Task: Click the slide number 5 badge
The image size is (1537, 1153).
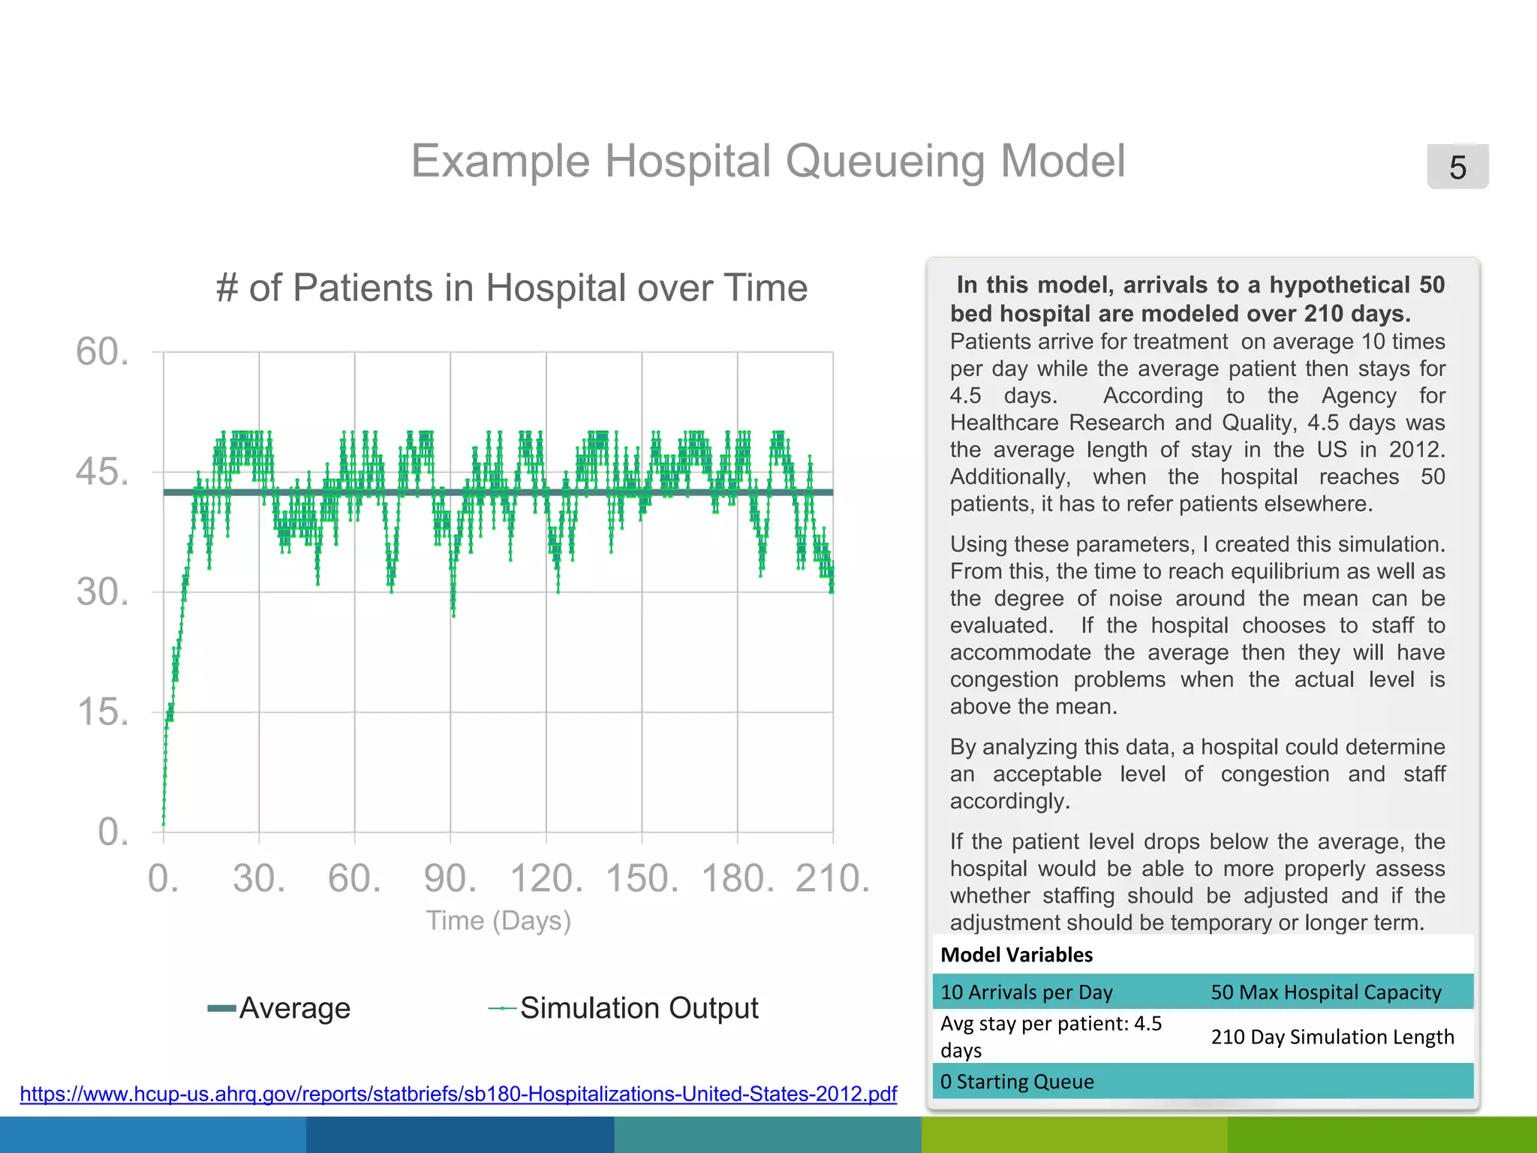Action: [x=1457, y=167]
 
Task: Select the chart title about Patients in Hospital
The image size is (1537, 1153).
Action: [x=511, y=288]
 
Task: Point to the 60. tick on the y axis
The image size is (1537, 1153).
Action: [x=103, y=352]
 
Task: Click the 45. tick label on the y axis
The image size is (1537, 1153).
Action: [x=103, y=472]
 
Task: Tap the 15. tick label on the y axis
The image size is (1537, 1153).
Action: [x=103, y=712]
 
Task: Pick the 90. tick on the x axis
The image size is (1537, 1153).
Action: [x=450, y=878]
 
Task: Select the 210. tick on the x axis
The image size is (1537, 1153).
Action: [x=832, y=878]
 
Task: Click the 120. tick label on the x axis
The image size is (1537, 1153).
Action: [x=546, y=878]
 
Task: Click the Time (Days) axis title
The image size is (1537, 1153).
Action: [x=498, y=920]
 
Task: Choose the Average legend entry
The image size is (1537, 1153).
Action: [x=279, y=1008]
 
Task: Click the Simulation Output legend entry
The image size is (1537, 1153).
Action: [x=624, y=1008]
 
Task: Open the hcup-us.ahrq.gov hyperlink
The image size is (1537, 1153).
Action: [x=458, y=1094]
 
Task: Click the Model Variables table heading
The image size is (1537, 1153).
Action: [x=1016, y=955]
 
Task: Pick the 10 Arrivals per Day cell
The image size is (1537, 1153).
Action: [x=1026, y=992]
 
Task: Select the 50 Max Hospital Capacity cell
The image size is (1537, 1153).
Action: [x=1325, y=992]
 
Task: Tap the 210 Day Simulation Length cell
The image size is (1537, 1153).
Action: [x=1332, y=1037]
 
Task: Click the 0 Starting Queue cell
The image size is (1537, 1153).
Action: [x=1017, y=1082]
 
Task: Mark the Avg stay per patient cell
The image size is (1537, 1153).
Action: [x=1051, y=1036]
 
